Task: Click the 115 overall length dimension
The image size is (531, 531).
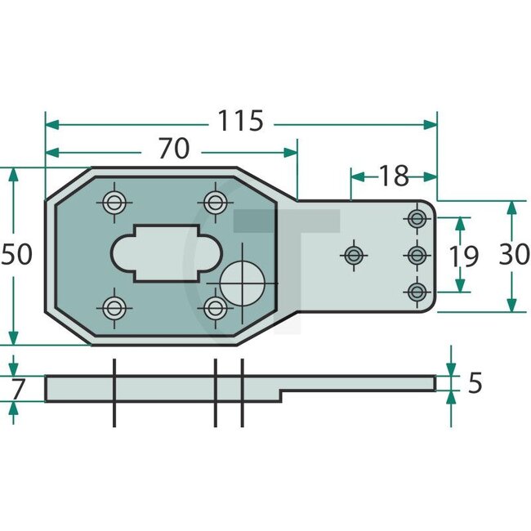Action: [x=240, y=122]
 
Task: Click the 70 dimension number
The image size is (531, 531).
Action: [x=173, y=149]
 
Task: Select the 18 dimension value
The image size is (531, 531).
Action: [x=393, y=174]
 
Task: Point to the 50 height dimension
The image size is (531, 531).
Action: [x=16, y=255]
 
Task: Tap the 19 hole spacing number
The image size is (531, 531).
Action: [x=463, y=256]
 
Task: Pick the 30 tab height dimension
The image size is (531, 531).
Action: [x=513, y=255]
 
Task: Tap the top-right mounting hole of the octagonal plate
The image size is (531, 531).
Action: [x=216, y=202]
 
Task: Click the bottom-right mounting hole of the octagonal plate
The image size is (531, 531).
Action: [x=216, y=308]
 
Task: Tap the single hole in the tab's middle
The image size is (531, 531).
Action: [x=354, y=255]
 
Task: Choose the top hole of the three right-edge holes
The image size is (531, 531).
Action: [x=417, y=219]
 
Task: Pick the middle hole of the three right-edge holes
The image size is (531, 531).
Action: [x=417, y=255]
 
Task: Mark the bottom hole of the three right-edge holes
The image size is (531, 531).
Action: [x=417, y=291]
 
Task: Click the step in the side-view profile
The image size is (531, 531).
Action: [x=282, y=395]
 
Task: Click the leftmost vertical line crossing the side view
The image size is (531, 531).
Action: [x=114, y=392]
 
